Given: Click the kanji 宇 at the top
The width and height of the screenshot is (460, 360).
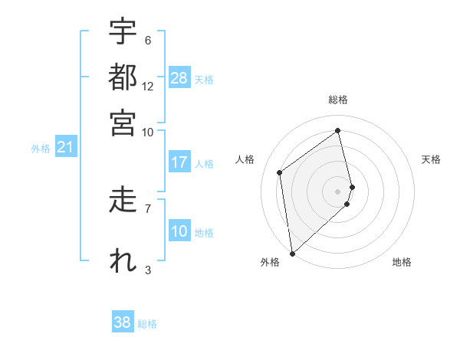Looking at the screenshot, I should [x=123, y=32].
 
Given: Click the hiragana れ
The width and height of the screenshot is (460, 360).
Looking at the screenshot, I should [x=123, y=260].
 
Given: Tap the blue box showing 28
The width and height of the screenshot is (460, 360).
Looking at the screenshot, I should [x=179, y=78].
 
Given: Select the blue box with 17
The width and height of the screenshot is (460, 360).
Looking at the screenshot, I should [x=179, y=162].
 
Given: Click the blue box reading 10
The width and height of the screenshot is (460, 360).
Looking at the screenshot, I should [x=179, y=231].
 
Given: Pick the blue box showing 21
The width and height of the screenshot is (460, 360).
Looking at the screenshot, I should [x=64, y=148].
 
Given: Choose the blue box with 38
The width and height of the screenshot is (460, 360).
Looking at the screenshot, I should [x=123, y=322].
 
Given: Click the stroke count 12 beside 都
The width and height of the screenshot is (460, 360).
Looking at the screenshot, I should [x=148, y=86].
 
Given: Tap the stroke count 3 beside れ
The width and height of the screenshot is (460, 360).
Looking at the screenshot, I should [x=148, y=270].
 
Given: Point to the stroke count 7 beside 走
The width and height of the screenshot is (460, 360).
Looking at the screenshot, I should [x=148, y=208].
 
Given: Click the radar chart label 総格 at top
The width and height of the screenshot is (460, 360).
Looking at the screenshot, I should [x=338, y=100].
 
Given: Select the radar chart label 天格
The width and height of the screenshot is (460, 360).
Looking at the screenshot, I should [x=431, y=159].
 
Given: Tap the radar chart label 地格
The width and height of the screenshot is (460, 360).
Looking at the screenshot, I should [x=402, y=263].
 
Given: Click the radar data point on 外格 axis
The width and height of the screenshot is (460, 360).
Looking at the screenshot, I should [x=292, y=253].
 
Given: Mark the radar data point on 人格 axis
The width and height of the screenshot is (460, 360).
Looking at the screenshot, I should [x=280, y=172].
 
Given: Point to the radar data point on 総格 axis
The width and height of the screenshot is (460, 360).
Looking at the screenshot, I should [x=338, y=130].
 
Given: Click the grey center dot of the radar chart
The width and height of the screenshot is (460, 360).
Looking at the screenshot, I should [x=338, y=191].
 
